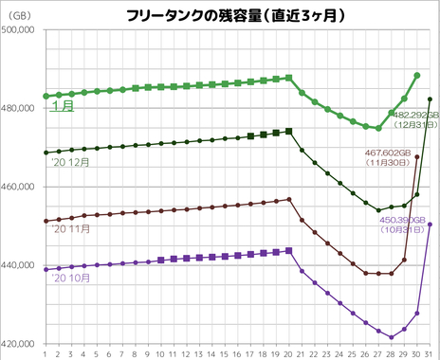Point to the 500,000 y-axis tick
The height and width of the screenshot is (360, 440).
[21, 30]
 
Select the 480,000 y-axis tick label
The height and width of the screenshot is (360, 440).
[21, 109]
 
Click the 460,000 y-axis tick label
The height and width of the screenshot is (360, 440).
[21, 187]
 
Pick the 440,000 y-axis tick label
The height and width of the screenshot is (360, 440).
[21, 265]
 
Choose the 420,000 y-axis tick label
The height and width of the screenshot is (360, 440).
[21, 343]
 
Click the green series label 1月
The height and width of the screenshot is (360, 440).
[64, 107]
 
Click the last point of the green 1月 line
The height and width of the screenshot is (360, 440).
[417, 75]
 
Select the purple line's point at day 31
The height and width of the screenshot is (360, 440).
[431, 225]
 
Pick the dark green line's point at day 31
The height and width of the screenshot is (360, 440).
[431, 99]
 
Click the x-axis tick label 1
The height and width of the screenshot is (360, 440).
[46, 352]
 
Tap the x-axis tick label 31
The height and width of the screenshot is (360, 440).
[431, 352]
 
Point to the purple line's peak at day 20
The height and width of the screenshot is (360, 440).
[289, 250]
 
